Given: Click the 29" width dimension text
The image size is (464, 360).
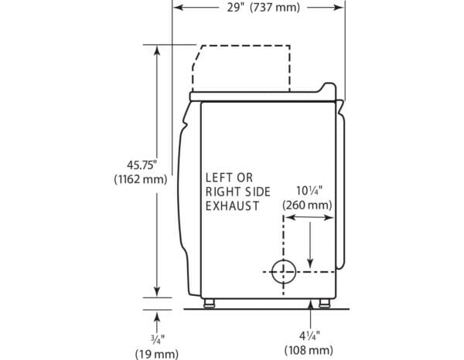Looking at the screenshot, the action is [x=235, y=8].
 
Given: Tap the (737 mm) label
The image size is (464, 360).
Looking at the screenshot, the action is [x=275, y=8].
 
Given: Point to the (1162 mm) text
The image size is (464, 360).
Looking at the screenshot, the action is [x=141, y=179].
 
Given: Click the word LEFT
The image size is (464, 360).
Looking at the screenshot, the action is [x=219, y=178].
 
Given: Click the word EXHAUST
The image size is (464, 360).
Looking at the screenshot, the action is [x=232, y=206].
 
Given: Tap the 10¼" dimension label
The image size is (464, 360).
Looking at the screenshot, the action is [x=309, y=191].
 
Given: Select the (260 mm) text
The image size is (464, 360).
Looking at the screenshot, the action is [x=307, y=205].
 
